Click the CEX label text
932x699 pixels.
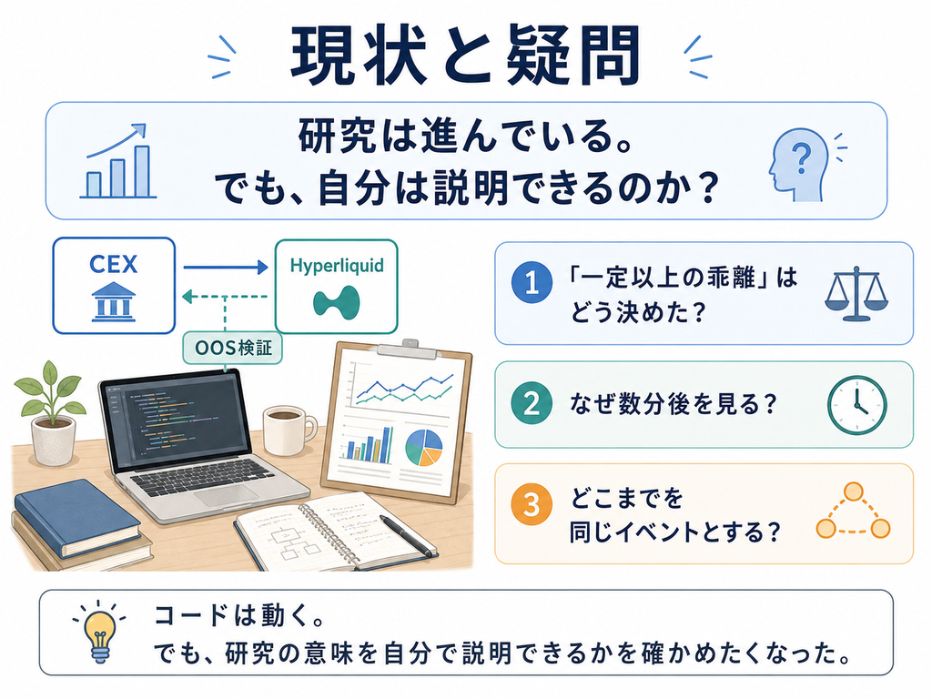click(x=114, y=264)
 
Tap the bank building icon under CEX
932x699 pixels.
click(x=114, y=302)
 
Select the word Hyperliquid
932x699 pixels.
click(x=337, y=266)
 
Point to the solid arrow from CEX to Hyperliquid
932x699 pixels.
click(x=226, y=268)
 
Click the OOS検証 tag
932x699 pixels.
click(x=233, y=348)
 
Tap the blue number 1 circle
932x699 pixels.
click(x=532, y=282)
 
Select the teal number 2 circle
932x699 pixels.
click(x=532, y=403)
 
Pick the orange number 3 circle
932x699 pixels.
click(x=532, y=504)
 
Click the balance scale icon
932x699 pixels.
click(x=856, y=294)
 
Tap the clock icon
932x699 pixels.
click(x=857, y=405)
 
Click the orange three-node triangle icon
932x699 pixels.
click(x=854, y=512)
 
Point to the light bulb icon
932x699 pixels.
click(x=99, y=632)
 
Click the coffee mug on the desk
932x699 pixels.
click(x=289, y=431)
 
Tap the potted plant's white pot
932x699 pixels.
click(x=54, y=440)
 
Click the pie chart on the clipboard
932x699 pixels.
click(x=424, y=448)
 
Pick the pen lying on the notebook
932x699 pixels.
click(x=409, y=535)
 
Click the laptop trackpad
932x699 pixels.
click(x=228, y=494)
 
